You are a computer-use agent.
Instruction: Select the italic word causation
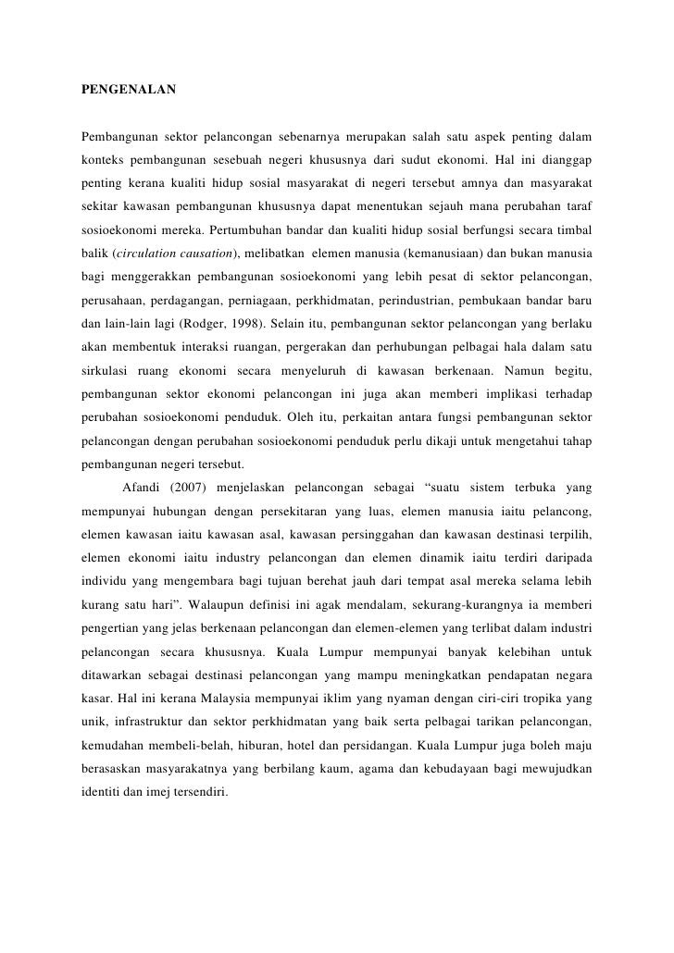(x=214, y=253)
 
